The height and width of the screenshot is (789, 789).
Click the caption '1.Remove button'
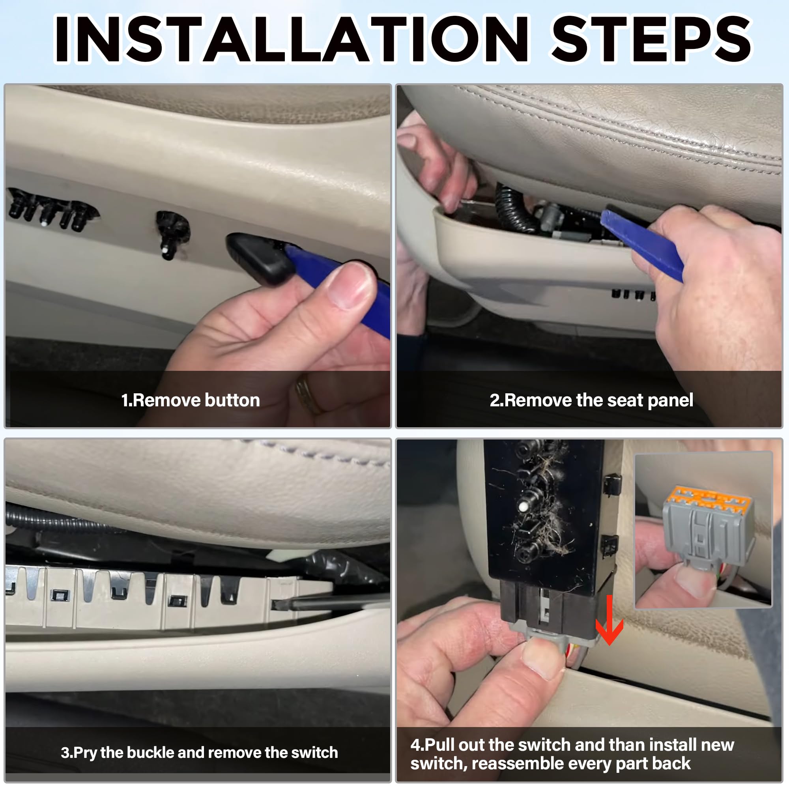191,400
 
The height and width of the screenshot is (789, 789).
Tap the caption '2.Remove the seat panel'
591,400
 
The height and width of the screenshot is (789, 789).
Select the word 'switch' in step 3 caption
314,752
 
